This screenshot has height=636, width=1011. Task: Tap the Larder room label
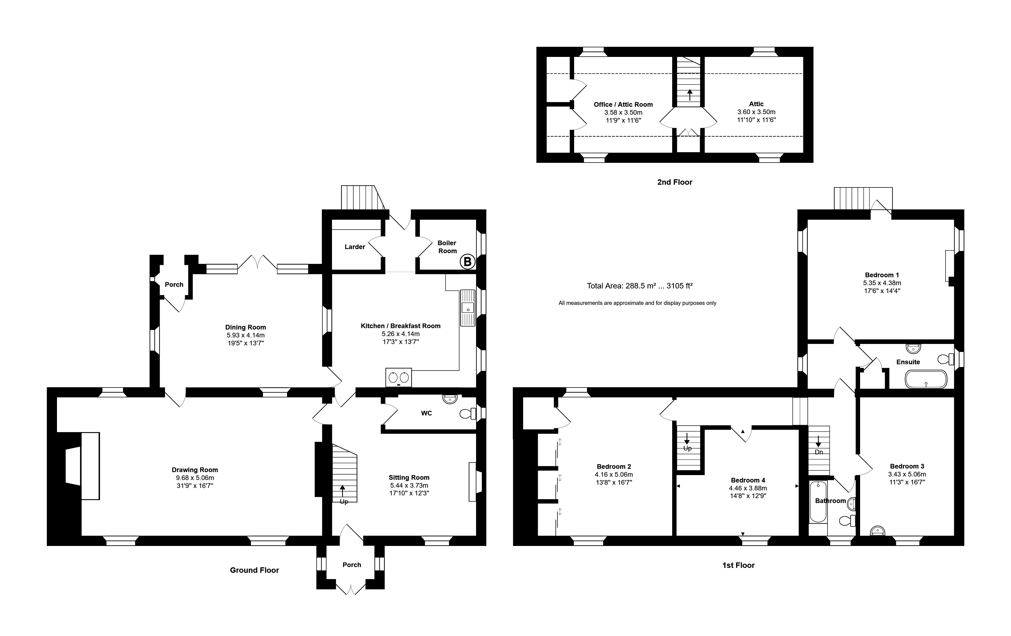(355, 247)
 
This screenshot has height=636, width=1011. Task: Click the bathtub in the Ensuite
(926, 380)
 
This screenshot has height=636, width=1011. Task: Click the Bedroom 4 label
(748, 480)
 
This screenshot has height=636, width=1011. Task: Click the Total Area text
(639, 286)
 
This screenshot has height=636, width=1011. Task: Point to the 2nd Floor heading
(674, 182)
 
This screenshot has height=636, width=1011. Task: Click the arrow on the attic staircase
(689, 94)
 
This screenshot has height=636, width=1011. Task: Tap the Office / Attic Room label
(623, 105)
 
